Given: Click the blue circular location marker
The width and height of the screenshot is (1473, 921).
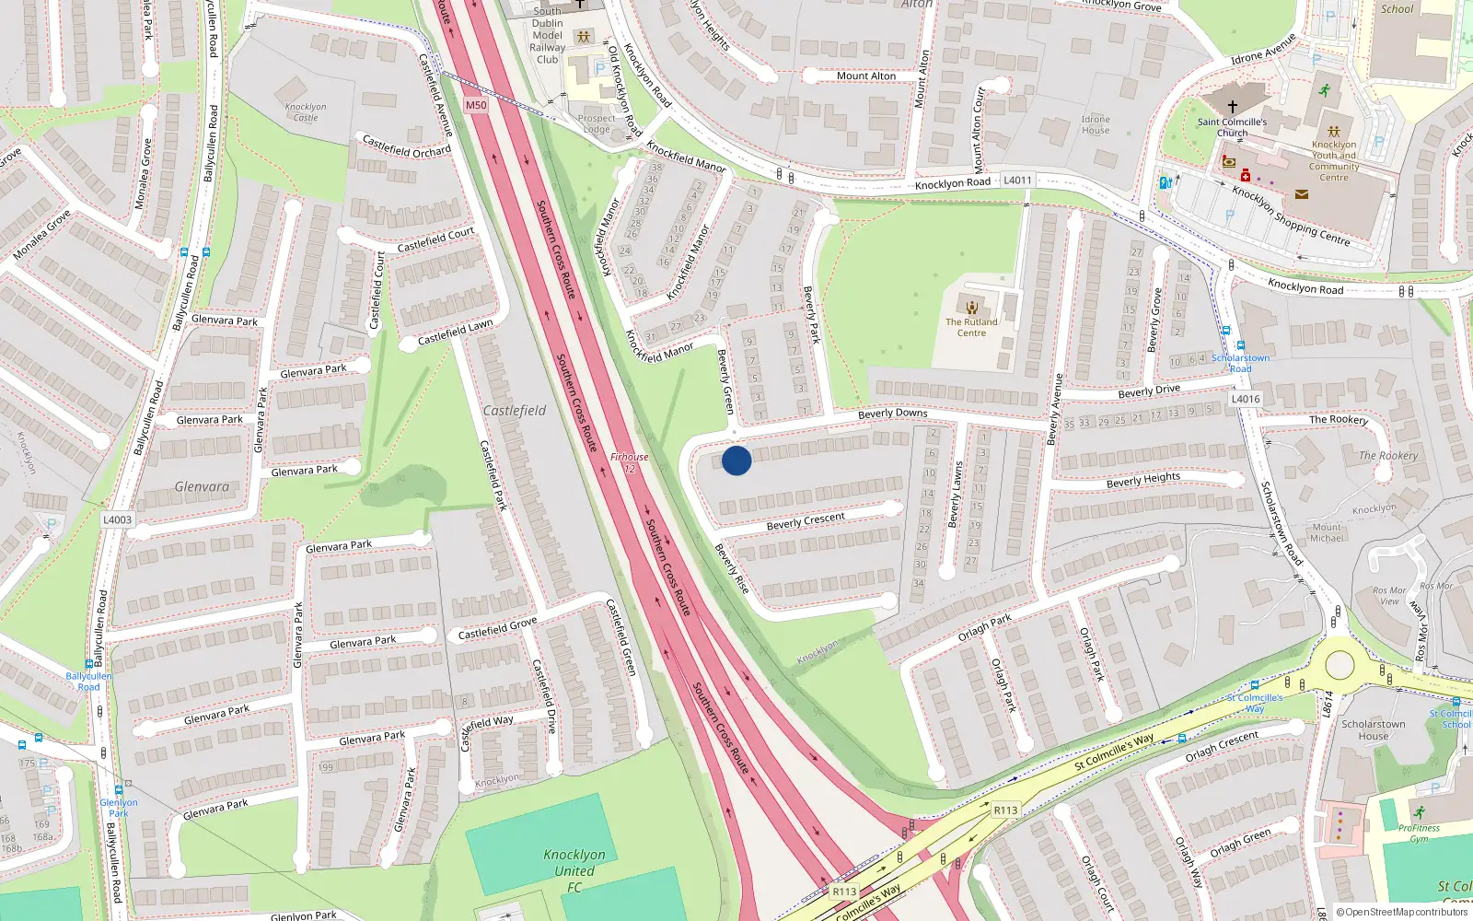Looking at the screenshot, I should coord(736,460).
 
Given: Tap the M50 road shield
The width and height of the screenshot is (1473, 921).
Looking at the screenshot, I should coord(476,105).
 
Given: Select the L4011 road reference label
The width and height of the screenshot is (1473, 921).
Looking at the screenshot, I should coord(1017,181).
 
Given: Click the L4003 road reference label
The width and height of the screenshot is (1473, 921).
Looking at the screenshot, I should coord(117,519).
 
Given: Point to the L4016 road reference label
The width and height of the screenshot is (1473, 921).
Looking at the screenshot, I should coord(1246,399).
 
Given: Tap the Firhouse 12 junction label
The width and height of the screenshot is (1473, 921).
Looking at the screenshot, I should coord(630,462).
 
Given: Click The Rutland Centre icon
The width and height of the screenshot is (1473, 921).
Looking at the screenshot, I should coord(971,307).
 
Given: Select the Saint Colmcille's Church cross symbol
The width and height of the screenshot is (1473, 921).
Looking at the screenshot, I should coord(1232,106).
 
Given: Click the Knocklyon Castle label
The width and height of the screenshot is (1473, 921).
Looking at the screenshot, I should coord(306,112).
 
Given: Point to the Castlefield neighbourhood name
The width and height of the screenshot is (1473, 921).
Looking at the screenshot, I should coord(515,411).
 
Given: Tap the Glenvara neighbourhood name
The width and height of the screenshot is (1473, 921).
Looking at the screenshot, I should coord(202,487).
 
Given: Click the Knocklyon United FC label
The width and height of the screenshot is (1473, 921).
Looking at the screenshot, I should coord(574,870).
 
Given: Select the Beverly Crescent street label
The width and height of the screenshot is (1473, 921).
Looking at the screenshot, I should coord(806,521).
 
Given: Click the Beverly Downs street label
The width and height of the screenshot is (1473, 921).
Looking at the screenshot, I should coord(892,414).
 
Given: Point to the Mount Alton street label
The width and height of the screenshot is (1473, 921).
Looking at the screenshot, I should coord(865,76).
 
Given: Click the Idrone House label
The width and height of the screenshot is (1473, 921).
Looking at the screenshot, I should coord(1096,124).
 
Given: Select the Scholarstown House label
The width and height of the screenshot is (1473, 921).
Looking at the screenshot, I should coord(1373,729).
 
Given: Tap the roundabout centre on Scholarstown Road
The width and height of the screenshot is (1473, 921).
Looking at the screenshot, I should coord(1340,665).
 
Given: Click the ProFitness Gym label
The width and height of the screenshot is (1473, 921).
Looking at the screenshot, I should coord(1419,833).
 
